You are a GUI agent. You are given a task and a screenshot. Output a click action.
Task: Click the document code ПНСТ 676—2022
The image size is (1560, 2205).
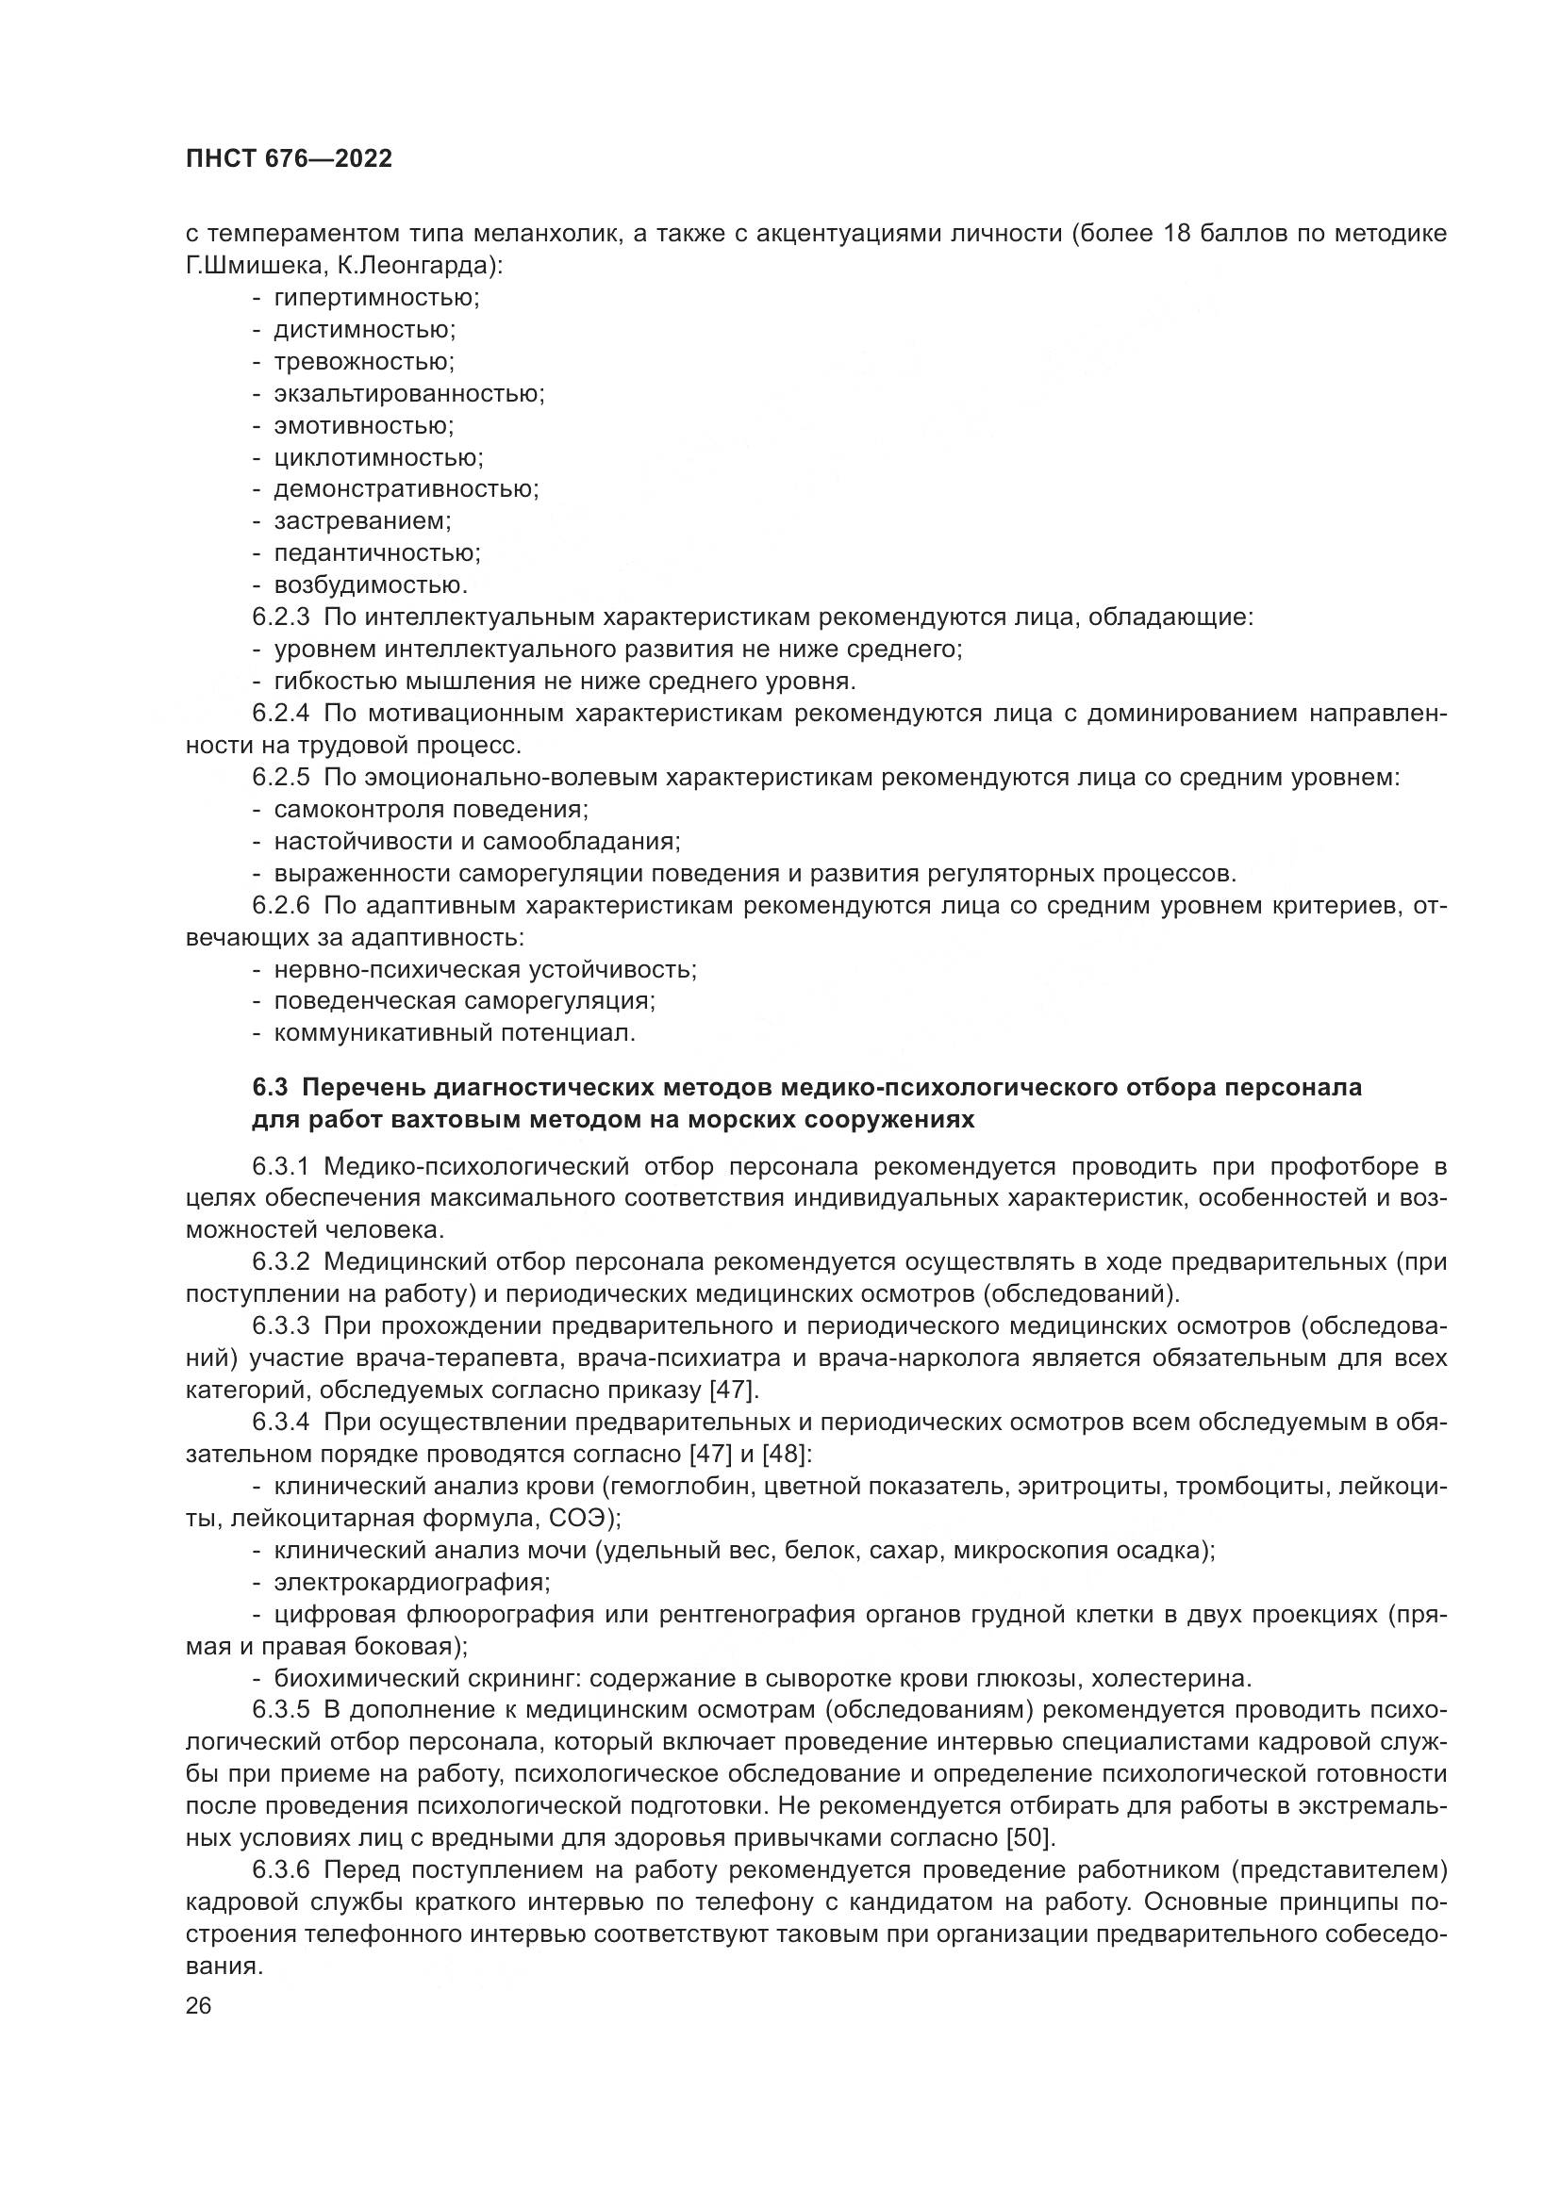coord(290,159)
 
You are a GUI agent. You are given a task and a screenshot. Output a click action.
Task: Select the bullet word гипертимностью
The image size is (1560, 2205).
coord(375,298)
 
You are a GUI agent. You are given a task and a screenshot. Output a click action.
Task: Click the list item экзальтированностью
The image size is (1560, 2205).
coord(408,394)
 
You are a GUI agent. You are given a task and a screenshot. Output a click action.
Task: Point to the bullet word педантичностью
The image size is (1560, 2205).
coord(376,553)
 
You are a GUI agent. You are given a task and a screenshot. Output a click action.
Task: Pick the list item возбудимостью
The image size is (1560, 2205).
coord(370,584)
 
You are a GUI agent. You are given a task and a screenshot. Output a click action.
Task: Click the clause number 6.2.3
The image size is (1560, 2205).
coord(280,617)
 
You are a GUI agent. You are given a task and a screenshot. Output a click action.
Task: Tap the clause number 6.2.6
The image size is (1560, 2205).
coord(280,906)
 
